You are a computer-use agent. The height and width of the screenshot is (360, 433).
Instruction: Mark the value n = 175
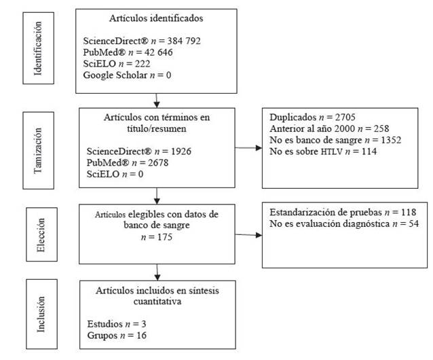157,237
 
